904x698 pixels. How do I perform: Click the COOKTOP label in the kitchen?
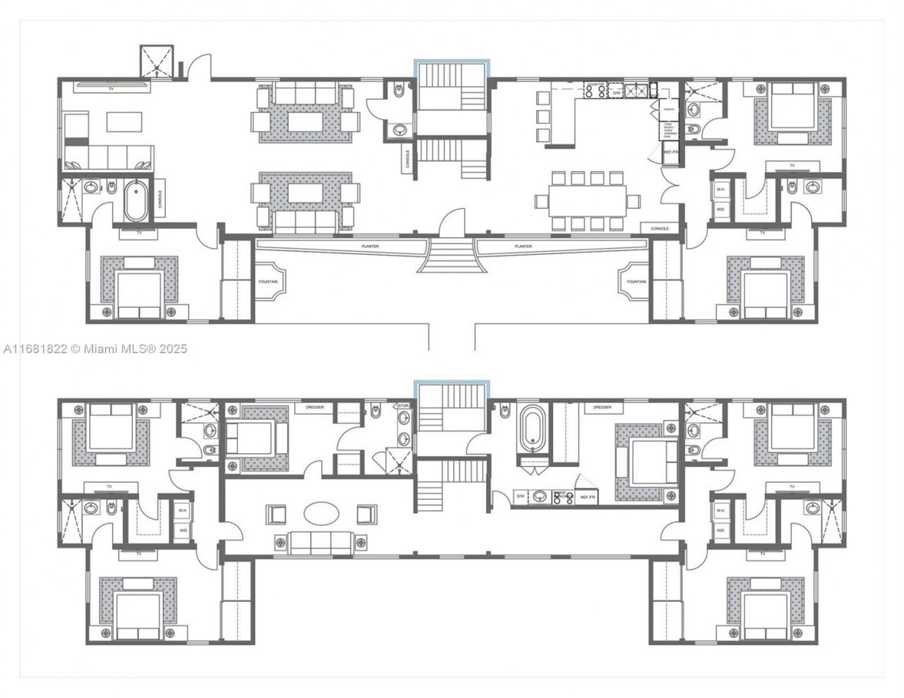point(595,85)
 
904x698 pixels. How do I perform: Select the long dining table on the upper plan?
point(588,200)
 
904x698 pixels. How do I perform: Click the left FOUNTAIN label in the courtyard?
point(268,282)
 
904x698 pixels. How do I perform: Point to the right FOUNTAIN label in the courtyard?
point(636,282)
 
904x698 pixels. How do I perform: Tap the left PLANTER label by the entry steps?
point(369,246)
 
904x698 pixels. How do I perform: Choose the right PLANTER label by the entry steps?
point(523,246)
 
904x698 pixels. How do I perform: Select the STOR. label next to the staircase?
point(403,406)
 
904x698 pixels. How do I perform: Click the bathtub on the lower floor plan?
point(531,428)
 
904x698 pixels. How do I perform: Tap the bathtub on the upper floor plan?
point(136,200)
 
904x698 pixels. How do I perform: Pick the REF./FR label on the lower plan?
point(588,498)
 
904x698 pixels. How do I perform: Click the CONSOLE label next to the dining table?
point(660,229)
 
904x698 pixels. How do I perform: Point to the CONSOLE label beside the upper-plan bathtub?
point(160,198)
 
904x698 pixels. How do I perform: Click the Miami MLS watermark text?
point(95,349)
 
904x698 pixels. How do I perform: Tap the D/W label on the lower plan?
point(520,497)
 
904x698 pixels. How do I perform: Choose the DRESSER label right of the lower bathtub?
point(602,407)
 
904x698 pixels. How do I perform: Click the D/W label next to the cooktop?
point(616,92)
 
